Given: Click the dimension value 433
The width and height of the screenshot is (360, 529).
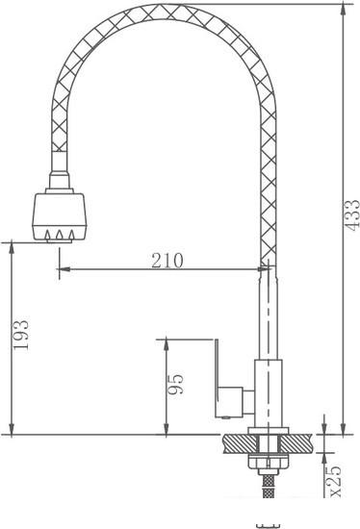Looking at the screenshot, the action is (x=353, y=215).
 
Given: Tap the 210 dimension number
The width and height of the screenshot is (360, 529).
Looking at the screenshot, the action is (x=167, y=261).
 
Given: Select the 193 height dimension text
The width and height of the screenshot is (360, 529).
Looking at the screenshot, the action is (x=21, y=335).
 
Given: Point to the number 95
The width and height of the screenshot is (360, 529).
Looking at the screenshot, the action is (x=175, y=385).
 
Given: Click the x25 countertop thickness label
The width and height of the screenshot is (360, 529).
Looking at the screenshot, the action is (x=335, y=480).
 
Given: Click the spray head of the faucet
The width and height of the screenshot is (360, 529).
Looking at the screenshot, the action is (x=60, y=215).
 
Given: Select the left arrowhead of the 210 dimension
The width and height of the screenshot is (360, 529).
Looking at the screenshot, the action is (x=64, y=269).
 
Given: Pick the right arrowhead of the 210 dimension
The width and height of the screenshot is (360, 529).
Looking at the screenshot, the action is (x=265, y=269).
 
